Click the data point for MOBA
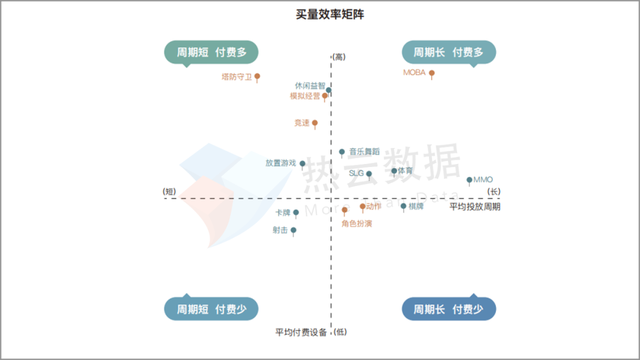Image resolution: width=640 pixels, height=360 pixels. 432,73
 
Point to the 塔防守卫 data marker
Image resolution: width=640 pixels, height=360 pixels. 257,75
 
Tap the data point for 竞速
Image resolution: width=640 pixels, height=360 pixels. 315,123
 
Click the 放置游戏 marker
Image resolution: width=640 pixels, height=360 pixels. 302,163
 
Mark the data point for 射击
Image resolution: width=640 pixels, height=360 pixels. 294,230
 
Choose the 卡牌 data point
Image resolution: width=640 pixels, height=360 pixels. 296,212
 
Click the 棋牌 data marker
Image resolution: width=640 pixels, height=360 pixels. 403,207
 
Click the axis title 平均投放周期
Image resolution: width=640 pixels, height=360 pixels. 474,207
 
